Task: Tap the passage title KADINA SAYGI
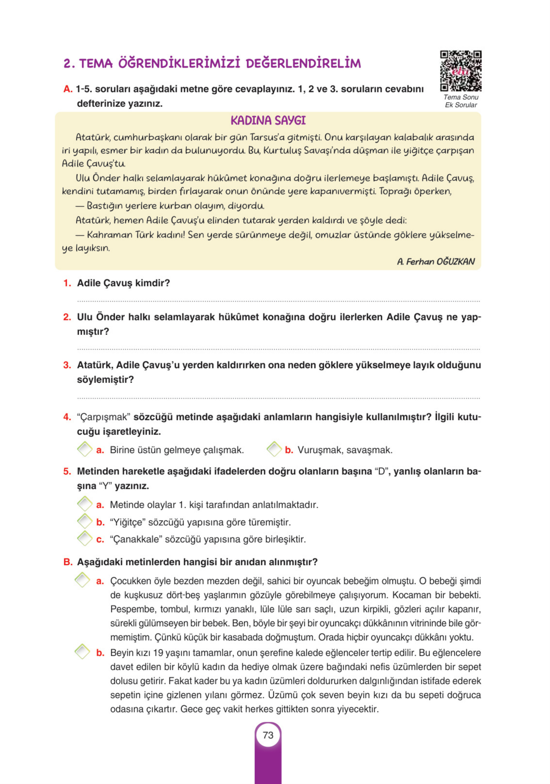[x=268, y=121]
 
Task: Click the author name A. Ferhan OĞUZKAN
[x=436, y=262]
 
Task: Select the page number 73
[x=268, y=735]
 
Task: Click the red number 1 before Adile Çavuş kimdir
[x=67, y=283]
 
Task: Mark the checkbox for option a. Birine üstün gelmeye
[x=84, y=449]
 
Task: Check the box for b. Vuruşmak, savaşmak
[x=274, y=449]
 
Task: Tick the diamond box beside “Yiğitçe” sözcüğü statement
[x=84, y=521]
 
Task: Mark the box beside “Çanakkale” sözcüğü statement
[x=84, y=539]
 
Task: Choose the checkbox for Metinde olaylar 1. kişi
[x=84, y=504]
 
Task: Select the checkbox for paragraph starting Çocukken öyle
[x=82, y=580]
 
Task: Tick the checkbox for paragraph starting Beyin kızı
[x=82, y=652]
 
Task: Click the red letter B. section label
[x=68, y=562]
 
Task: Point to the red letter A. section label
[x=68, y=89]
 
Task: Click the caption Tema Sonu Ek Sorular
[x=460, y=101]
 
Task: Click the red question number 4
[x=67, y=417]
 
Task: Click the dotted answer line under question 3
[x=278, y=398]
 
